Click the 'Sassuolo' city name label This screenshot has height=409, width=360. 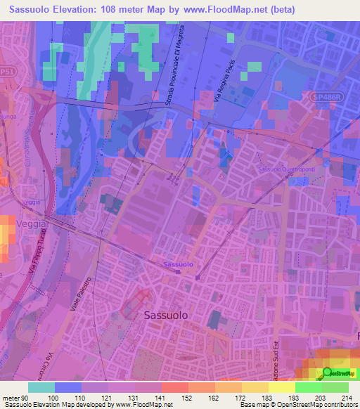165,316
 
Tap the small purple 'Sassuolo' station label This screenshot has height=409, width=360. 178,264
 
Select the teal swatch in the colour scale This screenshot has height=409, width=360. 41,387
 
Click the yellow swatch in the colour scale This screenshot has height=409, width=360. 282,387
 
